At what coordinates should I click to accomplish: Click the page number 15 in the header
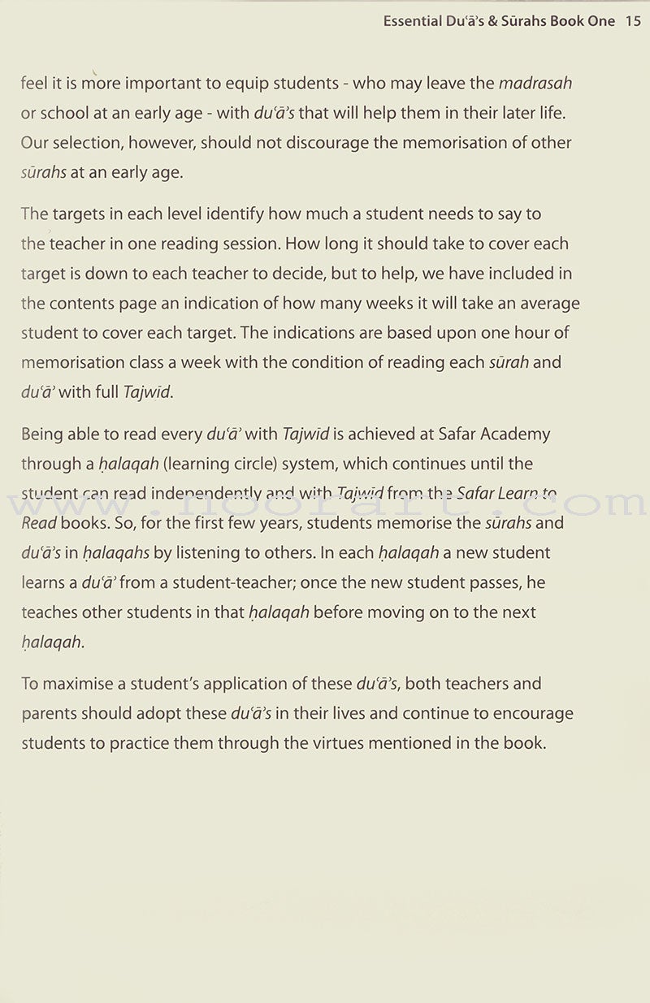[634, 22]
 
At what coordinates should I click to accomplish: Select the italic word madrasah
[535, 84]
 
